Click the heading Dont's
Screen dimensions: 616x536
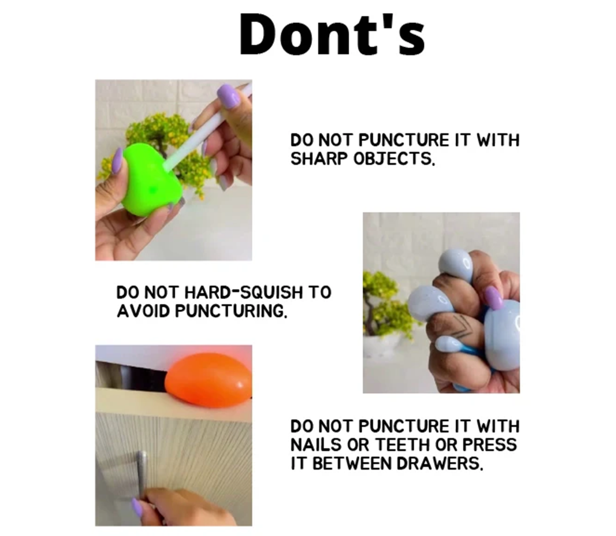tap(332, 34)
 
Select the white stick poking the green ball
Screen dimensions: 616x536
tap(208, 127)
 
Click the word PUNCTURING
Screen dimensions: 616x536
tap(231, 311)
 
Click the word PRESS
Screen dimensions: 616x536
tap(489, 444)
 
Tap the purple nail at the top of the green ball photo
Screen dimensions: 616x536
tap(229, 94)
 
